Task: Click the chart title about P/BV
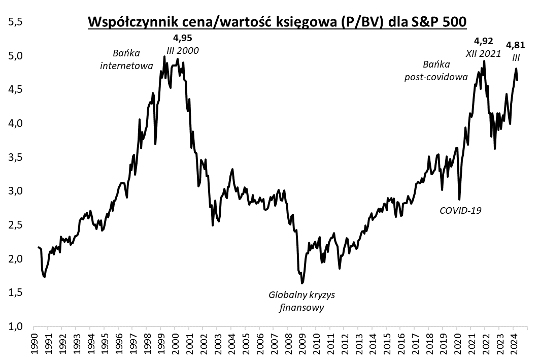277,22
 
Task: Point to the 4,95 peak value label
183,39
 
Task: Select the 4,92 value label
483,41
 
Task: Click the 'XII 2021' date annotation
484,53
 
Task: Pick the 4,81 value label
516,45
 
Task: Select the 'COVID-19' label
460,210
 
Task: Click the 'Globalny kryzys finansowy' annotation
302,301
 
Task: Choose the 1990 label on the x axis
33,344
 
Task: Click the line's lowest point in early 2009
302,283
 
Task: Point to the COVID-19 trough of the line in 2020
459,200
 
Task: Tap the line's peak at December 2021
484,61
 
